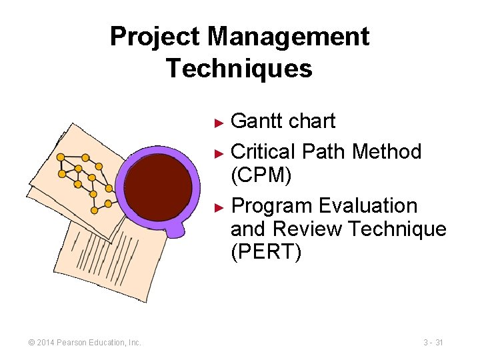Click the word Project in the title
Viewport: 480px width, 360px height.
tap(155, 37)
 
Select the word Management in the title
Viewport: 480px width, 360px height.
tap(288, 37)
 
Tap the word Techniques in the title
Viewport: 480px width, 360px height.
tap(239, 68)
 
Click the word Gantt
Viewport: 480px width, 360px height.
tap(255, 121)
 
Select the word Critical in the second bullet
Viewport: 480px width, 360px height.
tap(263, 152)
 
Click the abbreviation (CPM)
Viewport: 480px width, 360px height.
tap(260, 176)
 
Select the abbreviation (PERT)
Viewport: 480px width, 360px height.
tap(266, 253)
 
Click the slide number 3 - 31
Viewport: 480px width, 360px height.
tap(433, 343)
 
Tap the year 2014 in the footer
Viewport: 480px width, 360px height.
tap(47, 343)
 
